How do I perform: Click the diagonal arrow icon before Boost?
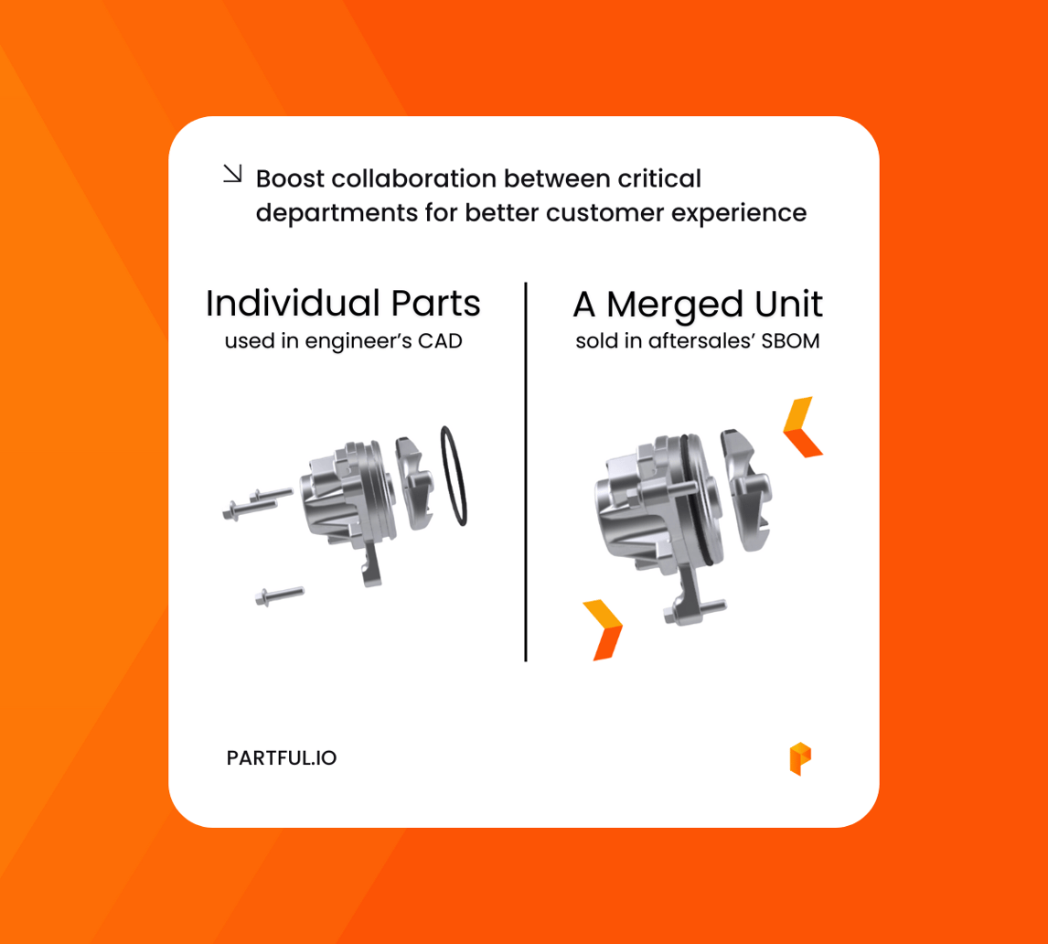(233, 173)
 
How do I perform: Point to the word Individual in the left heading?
(285, 304)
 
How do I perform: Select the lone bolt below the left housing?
(280, 595)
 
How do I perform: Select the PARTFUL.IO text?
(282, 758)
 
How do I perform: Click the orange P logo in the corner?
(800, 759)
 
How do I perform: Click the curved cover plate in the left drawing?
(412, 480)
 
